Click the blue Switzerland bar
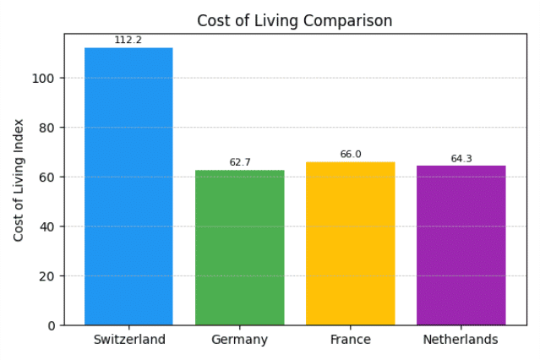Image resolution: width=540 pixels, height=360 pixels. point(128,187)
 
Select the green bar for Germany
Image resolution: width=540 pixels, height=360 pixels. point(240,248)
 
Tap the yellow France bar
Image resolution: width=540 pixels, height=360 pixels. point(351,243)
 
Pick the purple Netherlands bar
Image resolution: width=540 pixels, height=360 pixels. point(461,246)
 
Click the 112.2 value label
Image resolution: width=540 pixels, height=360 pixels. point(128,40)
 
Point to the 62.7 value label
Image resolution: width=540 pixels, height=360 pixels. point(240,162)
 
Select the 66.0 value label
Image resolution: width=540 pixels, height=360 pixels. point(351,154)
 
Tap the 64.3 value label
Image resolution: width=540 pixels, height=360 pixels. point(461,159)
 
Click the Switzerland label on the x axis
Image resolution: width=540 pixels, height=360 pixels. point(129,340)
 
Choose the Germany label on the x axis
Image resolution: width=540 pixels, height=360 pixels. point(240,340)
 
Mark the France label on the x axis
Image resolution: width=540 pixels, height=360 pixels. point(351,340)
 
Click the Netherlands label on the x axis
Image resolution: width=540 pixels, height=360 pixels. point(461,340)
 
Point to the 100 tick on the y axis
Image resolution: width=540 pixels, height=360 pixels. point(43,79)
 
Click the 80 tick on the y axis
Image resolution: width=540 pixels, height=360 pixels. point(46,128)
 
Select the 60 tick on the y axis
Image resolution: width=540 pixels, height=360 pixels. point(46,177)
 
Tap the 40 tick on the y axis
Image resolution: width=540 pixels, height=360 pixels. point(46,227)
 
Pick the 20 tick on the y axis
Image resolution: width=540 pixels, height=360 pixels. point(46,276)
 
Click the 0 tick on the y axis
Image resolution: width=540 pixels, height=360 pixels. point(52,326)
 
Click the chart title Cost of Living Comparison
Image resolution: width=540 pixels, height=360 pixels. point(295,20)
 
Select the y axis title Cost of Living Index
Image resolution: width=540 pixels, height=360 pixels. point(19,180)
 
